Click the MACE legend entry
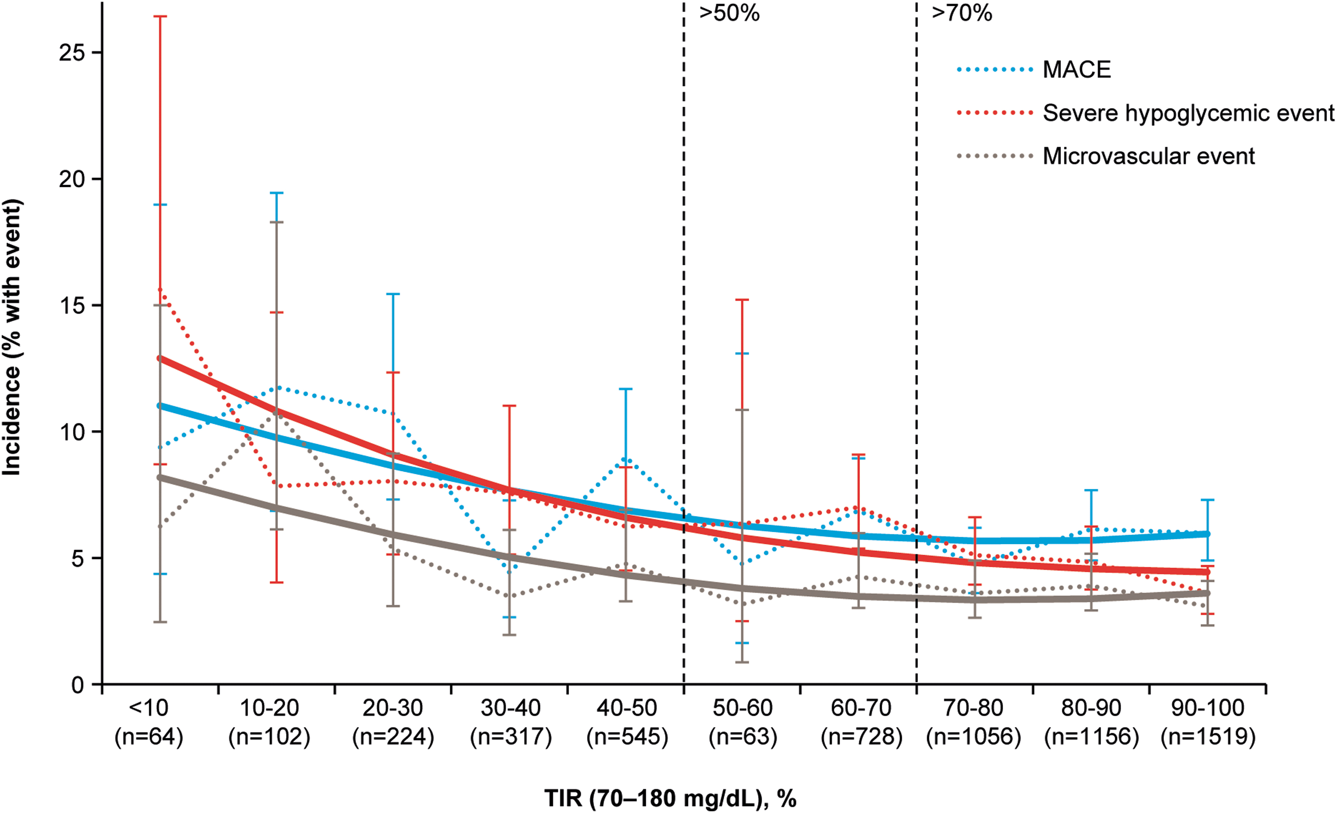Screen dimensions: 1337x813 (x=1077, y=69)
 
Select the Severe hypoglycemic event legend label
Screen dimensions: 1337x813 (x=1188, y=113)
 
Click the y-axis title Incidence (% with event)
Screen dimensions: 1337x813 (x=12, y=338)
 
